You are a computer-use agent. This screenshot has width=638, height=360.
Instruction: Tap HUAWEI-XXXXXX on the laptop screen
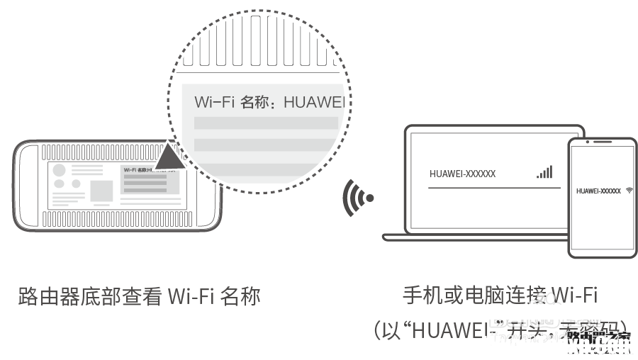click(x=462, y=174)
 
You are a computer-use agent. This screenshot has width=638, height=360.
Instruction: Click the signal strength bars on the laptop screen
click(x=544, y=172)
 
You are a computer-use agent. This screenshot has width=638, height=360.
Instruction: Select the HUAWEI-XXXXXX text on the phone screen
click(x=598, y=191)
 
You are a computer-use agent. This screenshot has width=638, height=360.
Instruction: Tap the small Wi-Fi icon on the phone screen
click(x=629, y=191)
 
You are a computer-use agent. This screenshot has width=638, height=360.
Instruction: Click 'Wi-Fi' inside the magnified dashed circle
click(x=213, y=102)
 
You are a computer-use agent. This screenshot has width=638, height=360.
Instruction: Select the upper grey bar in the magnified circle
click(x=266, y=123)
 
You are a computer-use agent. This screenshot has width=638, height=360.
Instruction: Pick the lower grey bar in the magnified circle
click(x=266, y=145)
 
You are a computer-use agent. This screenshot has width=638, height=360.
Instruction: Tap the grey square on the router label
click(x=101, y=191)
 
